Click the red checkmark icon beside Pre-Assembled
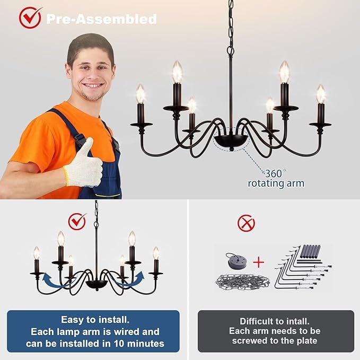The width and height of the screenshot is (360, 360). click(30, 17)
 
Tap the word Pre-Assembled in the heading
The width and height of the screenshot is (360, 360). click(101, 19)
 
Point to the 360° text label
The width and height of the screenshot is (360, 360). click(276, 173)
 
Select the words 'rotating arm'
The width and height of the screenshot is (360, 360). click(276, 183)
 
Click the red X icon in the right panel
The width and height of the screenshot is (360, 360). click(245, 224)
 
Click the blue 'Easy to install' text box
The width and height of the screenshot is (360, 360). click(93, 331)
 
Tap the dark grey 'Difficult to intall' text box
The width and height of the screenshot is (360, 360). click(276, 331)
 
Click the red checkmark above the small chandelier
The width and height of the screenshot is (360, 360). click(77, 220)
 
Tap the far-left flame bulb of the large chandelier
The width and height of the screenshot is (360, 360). click(141, 94)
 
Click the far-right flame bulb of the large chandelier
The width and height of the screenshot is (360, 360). click(321, 94)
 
